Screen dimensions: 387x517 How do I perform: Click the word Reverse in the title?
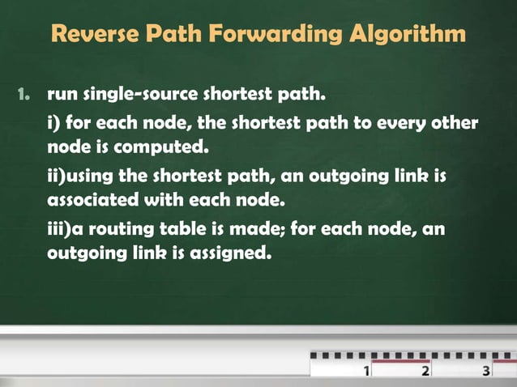[92, 35]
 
